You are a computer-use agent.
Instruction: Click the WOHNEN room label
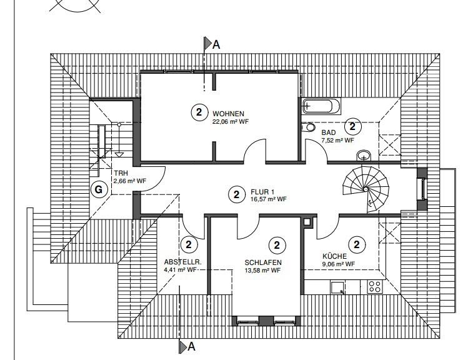[x=227, y=114]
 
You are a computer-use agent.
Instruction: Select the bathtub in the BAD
[x=321, y=106]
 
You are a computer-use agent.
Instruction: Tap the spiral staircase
[x=366, y=187]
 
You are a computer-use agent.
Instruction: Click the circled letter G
[x=97, y=190]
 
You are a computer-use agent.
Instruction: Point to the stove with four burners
[x=375, y=286]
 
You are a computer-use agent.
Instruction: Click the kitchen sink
[x=338, y=287]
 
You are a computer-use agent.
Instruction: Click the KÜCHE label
[x=334, y=256]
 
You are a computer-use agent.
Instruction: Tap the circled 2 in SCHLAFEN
[x=276, y=244]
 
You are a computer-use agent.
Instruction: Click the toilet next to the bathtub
[x=309, y=127]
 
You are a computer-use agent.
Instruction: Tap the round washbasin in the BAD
[x=364, y=155]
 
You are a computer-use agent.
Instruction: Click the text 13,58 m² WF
[x=262, y=271]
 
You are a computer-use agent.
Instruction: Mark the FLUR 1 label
[x=263, y=191]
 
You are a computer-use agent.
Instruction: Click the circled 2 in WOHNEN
[x=199, y=112]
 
